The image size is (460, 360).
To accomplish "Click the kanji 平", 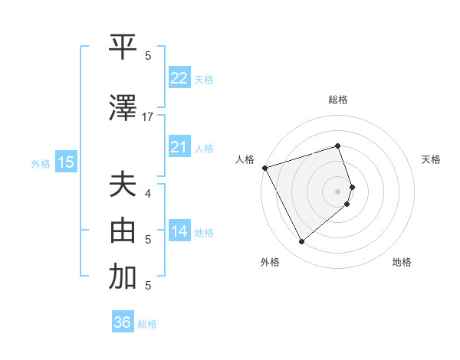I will [x=123, y=47].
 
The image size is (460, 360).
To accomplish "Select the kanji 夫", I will [x=123, y=185].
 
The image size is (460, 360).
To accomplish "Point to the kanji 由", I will [x=123, y=231].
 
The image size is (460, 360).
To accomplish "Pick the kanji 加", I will [x=123, y=277].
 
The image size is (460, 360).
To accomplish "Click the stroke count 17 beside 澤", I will [x=148, y=117].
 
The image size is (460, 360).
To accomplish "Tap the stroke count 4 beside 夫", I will [x=148, y=193].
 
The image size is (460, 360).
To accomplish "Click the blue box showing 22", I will [x=179, y=78].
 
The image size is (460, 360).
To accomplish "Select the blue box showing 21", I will [x=179, y=147].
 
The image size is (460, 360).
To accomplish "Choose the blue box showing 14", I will [x=179, y=231].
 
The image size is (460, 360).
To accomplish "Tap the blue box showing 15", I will [x=65, y=162].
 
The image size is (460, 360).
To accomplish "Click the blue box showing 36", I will [x=123, y=322].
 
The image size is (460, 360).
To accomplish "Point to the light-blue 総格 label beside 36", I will [x=147, y=324].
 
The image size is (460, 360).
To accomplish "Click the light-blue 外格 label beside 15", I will [x=41, y=163].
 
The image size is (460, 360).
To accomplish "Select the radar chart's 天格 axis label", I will [x=431, y=159].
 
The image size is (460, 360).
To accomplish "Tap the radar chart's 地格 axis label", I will [x=402, y=262].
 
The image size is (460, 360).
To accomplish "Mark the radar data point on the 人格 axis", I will [x=264, y=168].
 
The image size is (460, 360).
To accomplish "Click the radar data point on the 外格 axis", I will [x=301, y=242].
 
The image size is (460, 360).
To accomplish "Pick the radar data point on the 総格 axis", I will [x=337, y=146].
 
